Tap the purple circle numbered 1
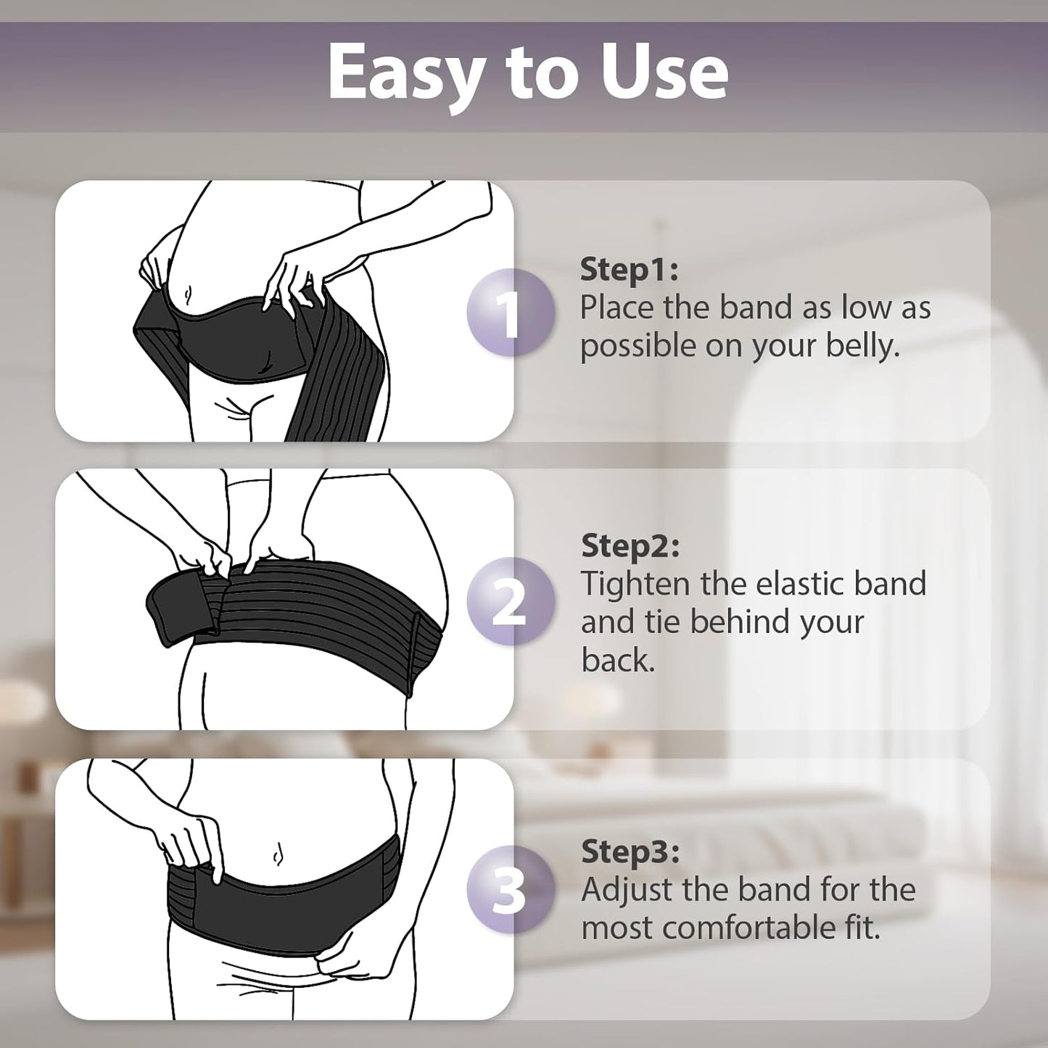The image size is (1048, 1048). (511, 312)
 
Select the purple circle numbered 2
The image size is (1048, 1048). (509, 601)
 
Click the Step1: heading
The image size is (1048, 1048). (629, 270)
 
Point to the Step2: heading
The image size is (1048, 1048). (630, 545)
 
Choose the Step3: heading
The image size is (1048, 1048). (630, 852)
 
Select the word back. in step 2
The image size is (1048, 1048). (618, 660)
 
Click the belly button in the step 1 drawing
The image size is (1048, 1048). (188, 294)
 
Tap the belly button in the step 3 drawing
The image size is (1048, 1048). (277, 855)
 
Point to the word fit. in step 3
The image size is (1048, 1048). (862, 928)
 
